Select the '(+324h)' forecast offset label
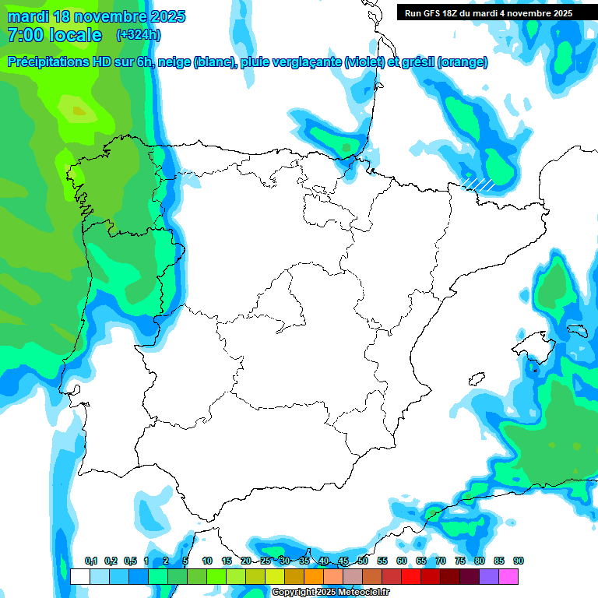139,34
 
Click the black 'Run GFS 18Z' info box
488,12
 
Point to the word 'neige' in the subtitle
175,62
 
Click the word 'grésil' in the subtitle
417,62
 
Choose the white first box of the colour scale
79,576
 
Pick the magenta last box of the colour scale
508,576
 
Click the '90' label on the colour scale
519,561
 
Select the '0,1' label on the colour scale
91,561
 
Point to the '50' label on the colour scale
363,561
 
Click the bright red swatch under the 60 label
411,576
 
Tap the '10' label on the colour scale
207,561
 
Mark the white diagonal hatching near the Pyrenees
477,184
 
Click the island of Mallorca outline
538,346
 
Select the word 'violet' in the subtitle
361,62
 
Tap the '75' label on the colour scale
460,561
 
